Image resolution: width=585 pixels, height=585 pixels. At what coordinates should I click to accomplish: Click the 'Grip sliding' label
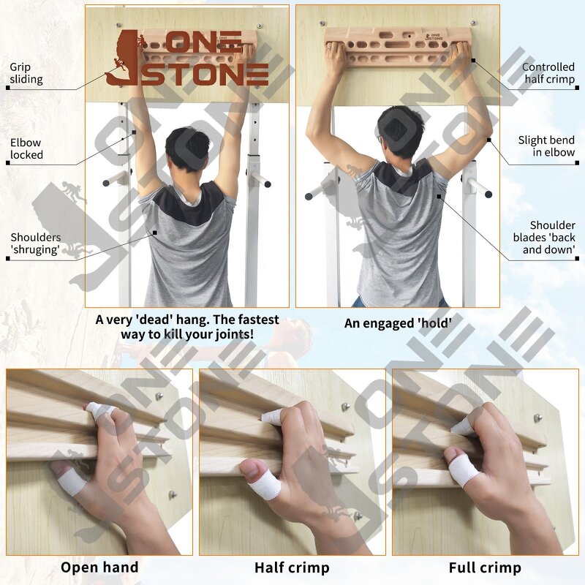pyautogui.click(x=26, y=73)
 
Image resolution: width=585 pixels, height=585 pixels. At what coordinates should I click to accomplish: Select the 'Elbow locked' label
pyautogui.click(x=26, y=148)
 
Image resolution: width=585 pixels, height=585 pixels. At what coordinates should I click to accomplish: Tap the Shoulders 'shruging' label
pyautogui.click(x=36, y=244)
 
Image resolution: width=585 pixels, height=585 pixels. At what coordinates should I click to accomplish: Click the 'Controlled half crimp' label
pyautogui.click(x=548, y=73)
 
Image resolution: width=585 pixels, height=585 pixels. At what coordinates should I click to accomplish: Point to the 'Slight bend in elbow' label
pyautogui.click(x=546, y=146)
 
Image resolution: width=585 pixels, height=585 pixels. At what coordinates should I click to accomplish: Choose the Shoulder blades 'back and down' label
pyautogui.click(x=552, y=238)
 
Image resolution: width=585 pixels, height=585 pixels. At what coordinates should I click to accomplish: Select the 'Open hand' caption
pyautogui.click(x=99, y=567)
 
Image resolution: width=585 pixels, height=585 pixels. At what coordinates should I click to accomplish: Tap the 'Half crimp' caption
pyautogui.click(x=292, y=567)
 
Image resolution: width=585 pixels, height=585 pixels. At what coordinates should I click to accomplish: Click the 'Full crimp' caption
pyautogui.click(x=485, y=567)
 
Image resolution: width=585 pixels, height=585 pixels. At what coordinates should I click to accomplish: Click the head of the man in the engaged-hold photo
pyautogui.click(x=401, y=132)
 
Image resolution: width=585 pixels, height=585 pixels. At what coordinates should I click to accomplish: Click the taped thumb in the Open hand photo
pyautogui.click(x=69, y=479)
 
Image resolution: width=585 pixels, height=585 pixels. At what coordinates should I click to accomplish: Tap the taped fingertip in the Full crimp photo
pyautogui.click(x=463, y=426)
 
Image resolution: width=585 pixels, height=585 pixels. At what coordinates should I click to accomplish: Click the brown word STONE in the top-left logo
pyautogui.click(x=205, y=74)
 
